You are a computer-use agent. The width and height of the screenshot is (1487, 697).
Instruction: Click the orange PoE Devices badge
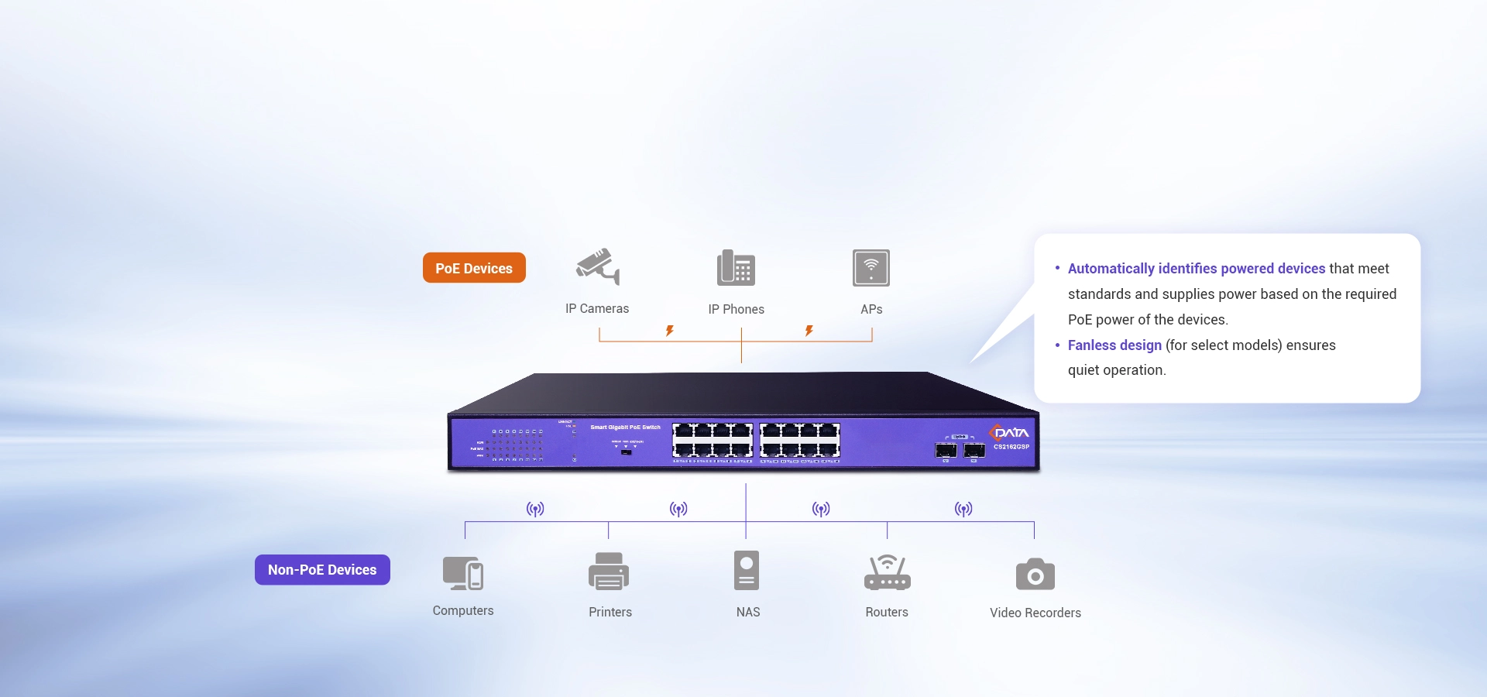[474, 268]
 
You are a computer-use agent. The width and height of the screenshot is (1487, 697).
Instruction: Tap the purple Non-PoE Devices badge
[322, 570]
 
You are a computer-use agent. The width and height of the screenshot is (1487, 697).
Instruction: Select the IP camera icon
[598, 267]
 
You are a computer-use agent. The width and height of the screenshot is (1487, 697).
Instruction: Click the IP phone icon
[736, 268]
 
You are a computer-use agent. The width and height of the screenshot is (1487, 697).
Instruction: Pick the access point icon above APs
[871, 268]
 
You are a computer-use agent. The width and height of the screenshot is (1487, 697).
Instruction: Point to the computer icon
[463, 573]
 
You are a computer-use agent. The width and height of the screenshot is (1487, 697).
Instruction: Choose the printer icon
[609, 572]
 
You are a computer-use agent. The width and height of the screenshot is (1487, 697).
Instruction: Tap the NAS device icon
[747, 571]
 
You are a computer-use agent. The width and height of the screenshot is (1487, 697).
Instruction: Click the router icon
[887, 572]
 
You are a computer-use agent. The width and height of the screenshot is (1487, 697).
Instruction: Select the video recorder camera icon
[1035, 575]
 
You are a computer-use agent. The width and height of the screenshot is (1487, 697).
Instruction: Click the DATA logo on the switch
[1010, 432]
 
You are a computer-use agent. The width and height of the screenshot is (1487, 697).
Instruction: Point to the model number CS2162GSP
[1011, 447]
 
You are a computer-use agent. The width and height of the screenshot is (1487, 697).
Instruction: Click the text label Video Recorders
[1035, 613]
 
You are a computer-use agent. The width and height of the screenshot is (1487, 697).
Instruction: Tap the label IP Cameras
[597, 308]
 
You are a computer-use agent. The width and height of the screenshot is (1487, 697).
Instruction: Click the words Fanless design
[1114, 345]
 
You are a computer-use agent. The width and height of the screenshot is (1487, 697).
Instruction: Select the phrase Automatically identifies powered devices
[1197, 269]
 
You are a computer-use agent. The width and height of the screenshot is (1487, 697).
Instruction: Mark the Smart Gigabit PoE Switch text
[626, 427]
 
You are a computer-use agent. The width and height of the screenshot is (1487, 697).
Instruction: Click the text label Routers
[887, 612]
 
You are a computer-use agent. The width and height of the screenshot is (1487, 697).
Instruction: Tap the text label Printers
[610, 612]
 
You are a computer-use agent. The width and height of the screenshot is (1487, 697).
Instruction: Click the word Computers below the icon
[463, 610]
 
